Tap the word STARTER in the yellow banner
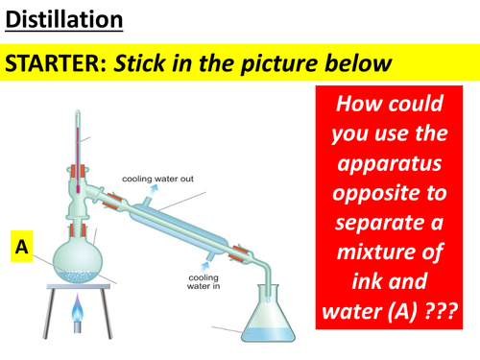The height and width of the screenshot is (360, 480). pos(56,64)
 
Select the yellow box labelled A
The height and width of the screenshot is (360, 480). pos(19,248)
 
